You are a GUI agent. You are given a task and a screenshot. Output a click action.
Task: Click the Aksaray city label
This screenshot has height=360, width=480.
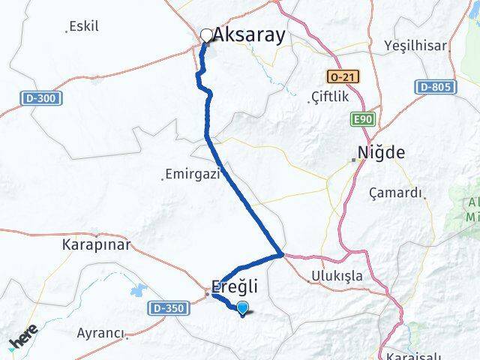(250, 34)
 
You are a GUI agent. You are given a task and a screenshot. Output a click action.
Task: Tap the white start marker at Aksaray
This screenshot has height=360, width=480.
(207, 34)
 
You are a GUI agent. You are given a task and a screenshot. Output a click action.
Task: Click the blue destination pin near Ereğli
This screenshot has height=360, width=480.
(242, 307)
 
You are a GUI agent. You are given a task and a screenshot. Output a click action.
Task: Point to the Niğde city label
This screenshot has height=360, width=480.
(382, 153)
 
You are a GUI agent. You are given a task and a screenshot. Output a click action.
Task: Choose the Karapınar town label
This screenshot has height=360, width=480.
(96, 244)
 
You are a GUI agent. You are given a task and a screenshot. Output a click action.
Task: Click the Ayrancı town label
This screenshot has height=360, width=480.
(101, 331)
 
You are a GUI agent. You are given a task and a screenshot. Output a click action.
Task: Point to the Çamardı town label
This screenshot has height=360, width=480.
(396, 193)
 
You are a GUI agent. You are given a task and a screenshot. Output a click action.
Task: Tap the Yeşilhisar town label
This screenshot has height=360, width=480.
(415, 45)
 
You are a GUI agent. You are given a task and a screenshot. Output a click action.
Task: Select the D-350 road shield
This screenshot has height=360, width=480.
(166, 307)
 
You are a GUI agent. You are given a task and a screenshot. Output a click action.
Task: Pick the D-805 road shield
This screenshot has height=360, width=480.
(435, 88)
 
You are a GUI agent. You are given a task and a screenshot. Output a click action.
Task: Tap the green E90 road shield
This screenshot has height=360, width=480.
(360, 118)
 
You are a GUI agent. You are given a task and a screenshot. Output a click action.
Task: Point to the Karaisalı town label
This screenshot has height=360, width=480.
(412, 354)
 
